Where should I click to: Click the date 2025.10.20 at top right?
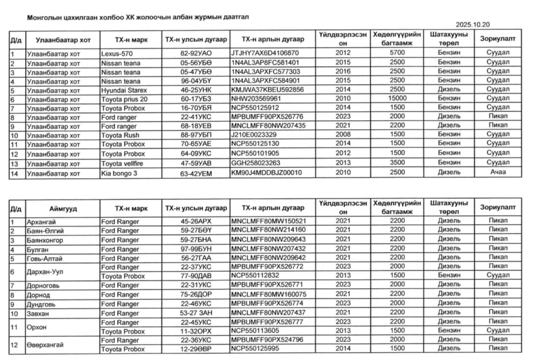(x=473, y=25)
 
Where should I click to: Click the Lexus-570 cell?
(x=117, y=53)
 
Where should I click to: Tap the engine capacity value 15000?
(x=397, y=99)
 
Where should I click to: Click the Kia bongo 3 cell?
(x=120, y=172)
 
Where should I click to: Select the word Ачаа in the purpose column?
(x=498, y=172)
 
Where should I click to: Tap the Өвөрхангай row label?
(x=46, y=345)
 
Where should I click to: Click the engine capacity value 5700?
(x=397, y=53)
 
